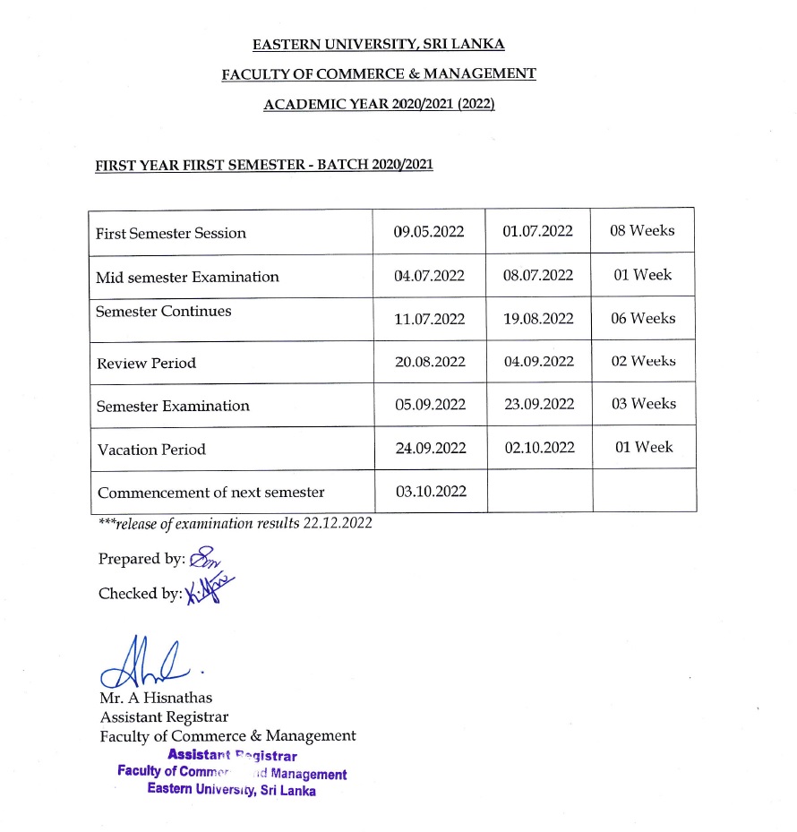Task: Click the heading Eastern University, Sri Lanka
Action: click(379, 44)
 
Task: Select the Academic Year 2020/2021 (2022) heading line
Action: click(379, 104)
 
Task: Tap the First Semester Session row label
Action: click(171, 233)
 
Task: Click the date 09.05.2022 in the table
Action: click(429, 232)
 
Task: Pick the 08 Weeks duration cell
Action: click(642, 231)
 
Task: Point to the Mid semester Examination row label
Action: click(187, 277)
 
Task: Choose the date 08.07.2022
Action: click(538, 276)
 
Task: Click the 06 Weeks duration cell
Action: click(643, 319)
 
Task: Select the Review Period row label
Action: click(146, 363)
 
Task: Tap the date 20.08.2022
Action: click(431, 362)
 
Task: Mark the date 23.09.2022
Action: click(539, 405)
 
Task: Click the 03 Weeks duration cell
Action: click(643, 404)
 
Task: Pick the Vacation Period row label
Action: click(151, 450)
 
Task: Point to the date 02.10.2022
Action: click(539, 448)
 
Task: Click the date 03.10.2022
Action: click(431, 491)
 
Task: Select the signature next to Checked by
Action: click(209, 590)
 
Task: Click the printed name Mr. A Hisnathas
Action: click(157, 698)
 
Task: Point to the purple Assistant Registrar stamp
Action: click(232, 773)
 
